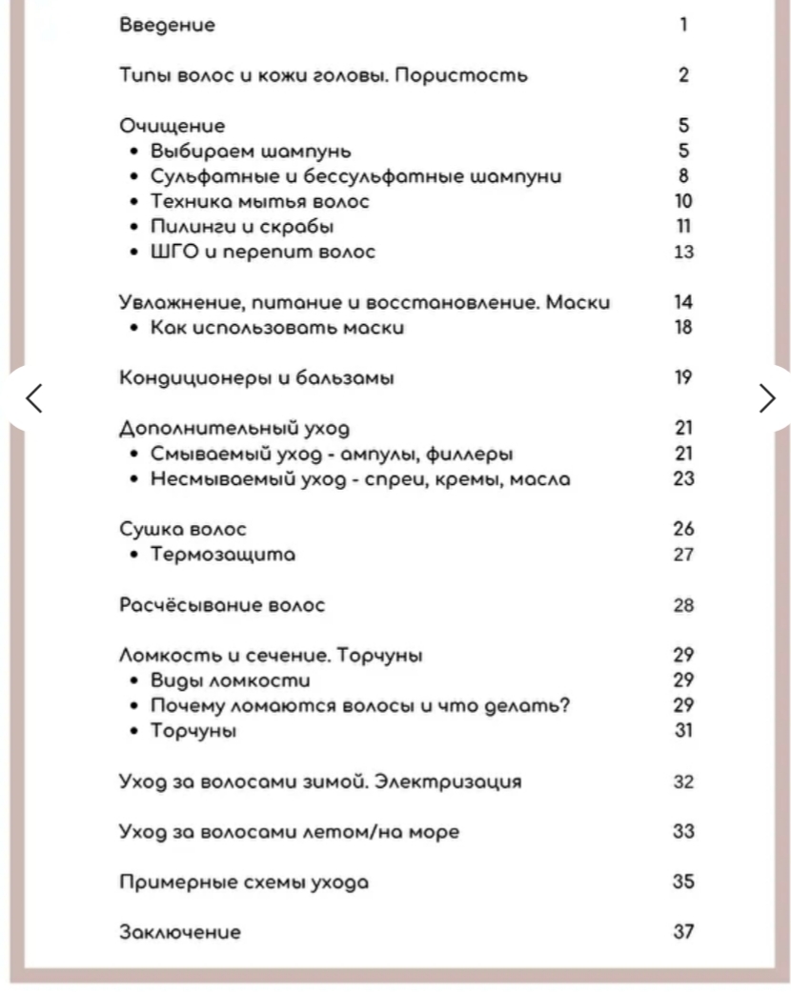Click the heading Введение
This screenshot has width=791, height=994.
(167, 25)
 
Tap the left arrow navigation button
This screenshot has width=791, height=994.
(33, 397)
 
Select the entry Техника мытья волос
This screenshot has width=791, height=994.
(260, 201)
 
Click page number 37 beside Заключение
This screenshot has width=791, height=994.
(683, 932)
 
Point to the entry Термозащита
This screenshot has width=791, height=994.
(223, 555)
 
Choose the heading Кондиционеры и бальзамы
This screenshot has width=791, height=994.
(256, 378)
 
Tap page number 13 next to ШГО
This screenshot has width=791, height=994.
(683, 253)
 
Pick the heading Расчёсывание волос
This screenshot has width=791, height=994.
(222, 605)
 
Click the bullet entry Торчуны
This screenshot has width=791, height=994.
(193, 732)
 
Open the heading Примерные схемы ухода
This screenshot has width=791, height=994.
(244, 882)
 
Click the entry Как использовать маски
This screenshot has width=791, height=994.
(277, 328)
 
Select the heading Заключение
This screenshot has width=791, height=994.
(180, 932)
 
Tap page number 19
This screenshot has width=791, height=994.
(683, 378)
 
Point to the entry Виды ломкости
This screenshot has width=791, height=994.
(231, 681)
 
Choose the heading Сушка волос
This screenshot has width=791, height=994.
(183, 529)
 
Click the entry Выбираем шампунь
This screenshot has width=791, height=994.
(252, 151)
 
